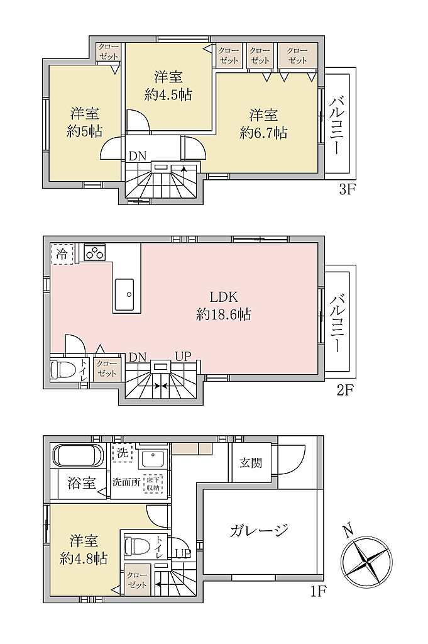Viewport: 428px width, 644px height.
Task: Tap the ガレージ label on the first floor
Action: click(259, 530)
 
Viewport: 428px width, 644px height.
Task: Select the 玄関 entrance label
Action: click(251, 463)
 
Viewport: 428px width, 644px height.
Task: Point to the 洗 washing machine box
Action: click(123, 453)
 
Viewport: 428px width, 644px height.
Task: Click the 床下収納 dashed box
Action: click(153, 484)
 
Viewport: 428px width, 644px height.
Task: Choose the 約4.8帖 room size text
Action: click(84, 559)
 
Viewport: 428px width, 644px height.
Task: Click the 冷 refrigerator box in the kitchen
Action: click(62, 254)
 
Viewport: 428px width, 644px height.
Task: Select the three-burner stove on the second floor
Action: click(95, 252)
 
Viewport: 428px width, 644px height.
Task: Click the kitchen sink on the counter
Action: click(124, 294)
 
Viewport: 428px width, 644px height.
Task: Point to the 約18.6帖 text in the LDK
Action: click(224, 315)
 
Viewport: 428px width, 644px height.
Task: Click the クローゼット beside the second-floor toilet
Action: click(107, 369)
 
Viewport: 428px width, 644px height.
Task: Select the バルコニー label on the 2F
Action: click(336, 323)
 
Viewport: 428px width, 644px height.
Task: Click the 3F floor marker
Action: click(346, 191)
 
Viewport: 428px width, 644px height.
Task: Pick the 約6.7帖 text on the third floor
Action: click(263, 133)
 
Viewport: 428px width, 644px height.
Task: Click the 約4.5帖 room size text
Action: click(168, 96)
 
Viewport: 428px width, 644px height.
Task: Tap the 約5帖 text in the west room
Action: click(85, 131)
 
